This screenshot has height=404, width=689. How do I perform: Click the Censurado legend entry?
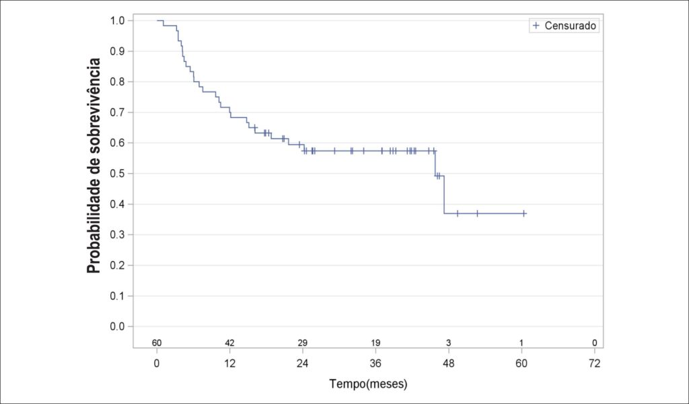click(565, 26)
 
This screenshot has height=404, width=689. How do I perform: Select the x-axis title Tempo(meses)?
click(369, 384)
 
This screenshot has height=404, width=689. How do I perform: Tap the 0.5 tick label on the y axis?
click(118, 174)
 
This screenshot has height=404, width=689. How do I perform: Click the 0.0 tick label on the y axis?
click(118, 327)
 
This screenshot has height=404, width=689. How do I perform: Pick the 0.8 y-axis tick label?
click(118, 81)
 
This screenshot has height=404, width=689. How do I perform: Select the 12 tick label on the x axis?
click(230, 364)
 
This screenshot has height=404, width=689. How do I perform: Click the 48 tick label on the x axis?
click(449, 364)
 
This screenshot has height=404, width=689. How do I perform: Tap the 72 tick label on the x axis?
click(595, 364)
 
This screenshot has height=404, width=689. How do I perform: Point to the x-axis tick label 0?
click(157, 364)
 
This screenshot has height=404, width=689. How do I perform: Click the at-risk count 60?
click(157, 343)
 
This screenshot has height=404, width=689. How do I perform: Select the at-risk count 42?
click(230, 343)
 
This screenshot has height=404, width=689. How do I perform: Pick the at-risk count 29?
click(303, 343)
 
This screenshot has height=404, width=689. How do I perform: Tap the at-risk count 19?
click(375, 343)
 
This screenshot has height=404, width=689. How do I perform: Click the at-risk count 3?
click(449, 343)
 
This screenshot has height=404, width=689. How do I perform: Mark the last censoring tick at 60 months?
click(524, 213)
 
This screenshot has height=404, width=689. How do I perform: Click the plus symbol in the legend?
click(536, 26)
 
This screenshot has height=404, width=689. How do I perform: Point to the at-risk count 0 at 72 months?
click(595, 343)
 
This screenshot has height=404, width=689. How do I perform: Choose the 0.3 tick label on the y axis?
click(118, 235)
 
